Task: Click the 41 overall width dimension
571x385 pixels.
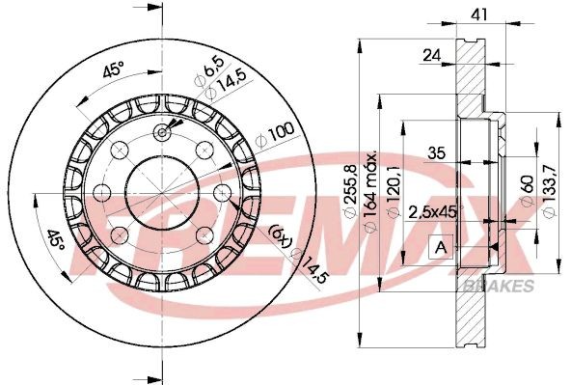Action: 476,15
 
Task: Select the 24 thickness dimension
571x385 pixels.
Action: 431,56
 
